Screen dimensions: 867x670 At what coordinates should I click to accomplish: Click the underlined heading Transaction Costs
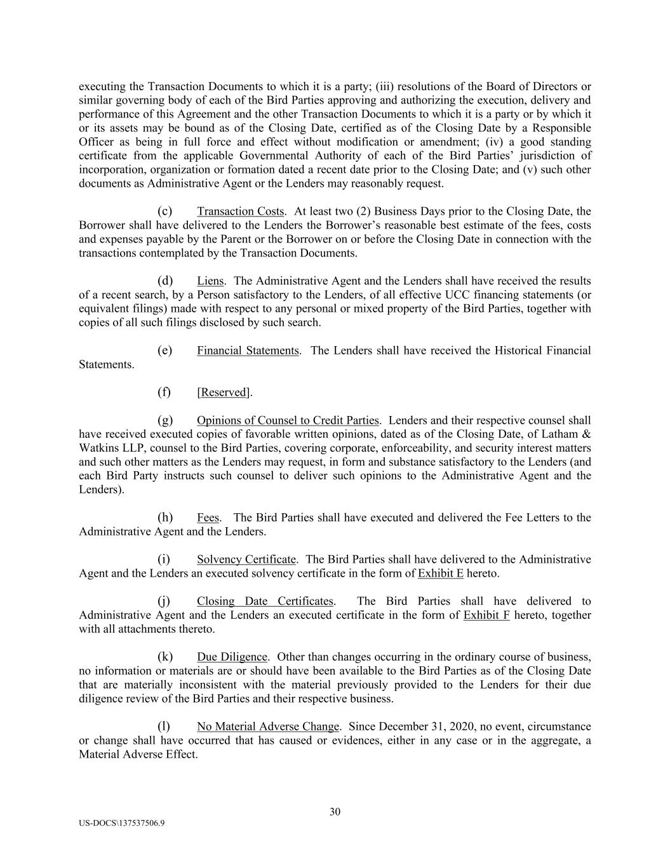pyautogui.click(x=240, y=212)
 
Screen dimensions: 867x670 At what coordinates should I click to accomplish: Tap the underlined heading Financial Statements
pyautogui.click(x=247, y=351)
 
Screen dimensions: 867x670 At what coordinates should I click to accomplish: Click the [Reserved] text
pyautogui.click(x=224, y=393)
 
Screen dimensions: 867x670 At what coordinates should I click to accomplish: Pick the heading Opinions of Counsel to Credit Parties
pyautogui.click(x=288, y=420)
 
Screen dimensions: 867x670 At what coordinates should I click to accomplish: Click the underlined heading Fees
pyautogui.click(x=208, y=518)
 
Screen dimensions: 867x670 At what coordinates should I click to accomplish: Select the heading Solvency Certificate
pyautogui.click(x=246, y=560)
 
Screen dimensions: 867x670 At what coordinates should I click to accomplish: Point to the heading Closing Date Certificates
pyautogui.click(x=265, y=601)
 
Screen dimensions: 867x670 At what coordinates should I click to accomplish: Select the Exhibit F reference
pyautogui.click(x=486, y=615)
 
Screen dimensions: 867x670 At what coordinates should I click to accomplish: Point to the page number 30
pyautogui.click(x=335, y=812)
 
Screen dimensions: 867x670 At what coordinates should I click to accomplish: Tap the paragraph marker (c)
pyautogui.click(x=164, y=212)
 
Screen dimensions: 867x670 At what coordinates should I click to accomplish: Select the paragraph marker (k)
pyautogui.click(x=164, y=657)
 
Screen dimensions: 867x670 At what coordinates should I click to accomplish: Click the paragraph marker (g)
pyautogui.click(x=164, y=420)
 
